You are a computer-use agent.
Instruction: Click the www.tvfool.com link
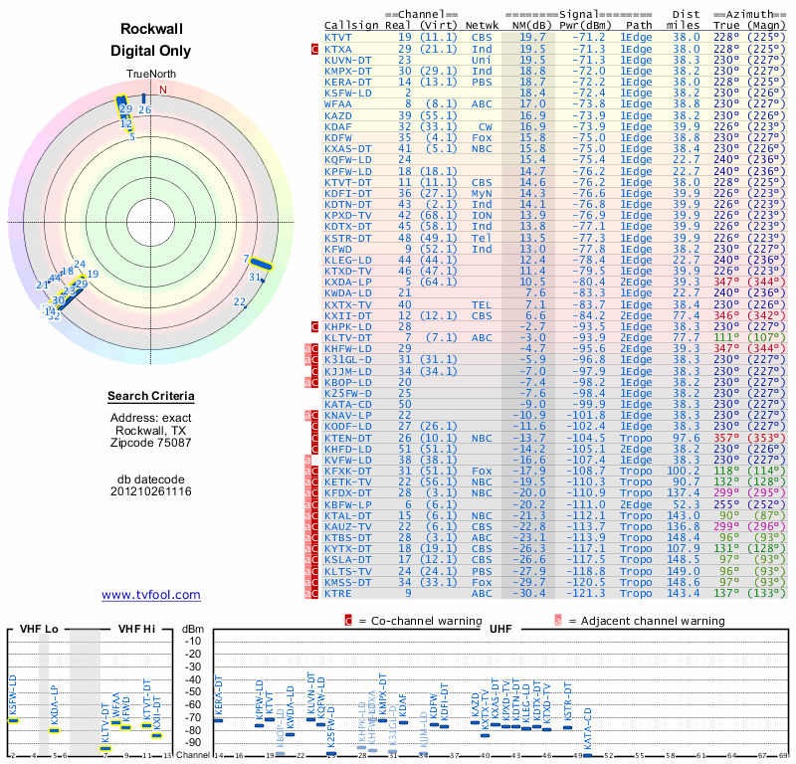(151, 595)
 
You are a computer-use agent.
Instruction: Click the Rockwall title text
(150, 31)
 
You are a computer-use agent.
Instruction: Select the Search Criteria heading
(151, 397)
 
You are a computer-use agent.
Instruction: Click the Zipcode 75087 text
(151, 441)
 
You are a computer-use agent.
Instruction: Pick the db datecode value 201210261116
(151, 491)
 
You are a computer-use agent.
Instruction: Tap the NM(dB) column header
(525, 23)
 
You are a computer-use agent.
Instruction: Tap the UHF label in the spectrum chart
(501, 629)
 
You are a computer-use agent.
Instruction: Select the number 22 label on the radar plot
(239, 301)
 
